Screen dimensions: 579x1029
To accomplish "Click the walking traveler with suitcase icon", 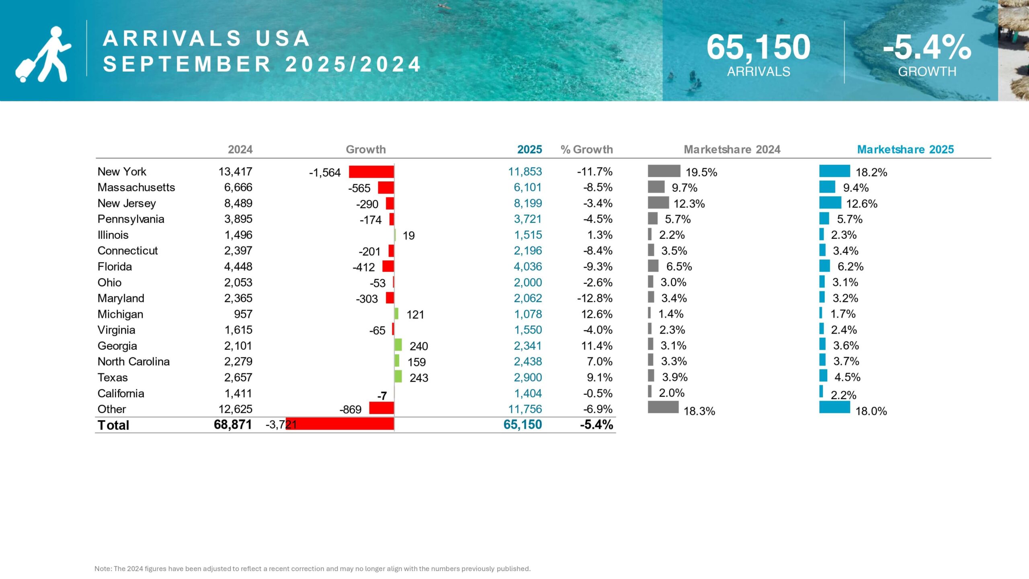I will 43,55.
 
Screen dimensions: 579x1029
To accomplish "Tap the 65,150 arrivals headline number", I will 758,47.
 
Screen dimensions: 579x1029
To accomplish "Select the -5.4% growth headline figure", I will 927,47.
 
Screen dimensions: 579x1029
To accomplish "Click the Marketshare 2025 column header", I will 905,150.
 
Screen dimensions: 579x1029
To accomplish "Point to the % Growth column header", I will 586,150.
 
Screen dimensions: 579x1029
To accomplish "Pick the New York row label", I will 122,172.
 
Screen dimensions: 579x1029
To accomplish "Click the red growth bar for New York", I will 371,172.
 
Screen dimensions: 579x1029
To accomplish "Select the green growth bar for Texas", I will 398,377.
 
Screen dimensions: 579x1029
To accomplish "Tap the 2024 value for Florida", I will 238,267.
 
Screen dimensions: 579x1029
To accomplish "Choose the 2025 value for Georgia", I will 527,346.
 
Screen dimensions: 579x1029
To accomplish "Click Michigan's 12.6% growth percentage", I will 596,314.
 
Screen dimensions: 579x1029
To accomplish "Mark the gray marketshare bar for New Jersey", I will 658,203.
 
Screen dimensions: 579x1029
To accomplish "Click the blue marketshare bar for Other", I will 834,407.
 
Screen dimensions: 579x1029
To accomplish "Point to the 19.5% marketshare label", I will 701,172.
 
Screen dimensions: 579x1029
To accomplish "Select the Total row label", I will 113,425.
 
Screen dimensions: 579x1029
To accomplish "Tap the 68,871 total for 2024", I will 233,425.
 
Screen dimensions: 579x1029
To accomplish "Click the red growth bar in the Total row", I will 340,424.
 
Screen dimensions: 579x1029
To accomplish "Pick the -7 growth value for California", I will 382,396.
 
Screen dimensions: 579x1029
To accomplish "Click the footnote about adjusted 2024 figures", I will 312,569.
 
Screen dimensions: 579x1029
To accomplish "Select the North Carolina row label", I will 133,361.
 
